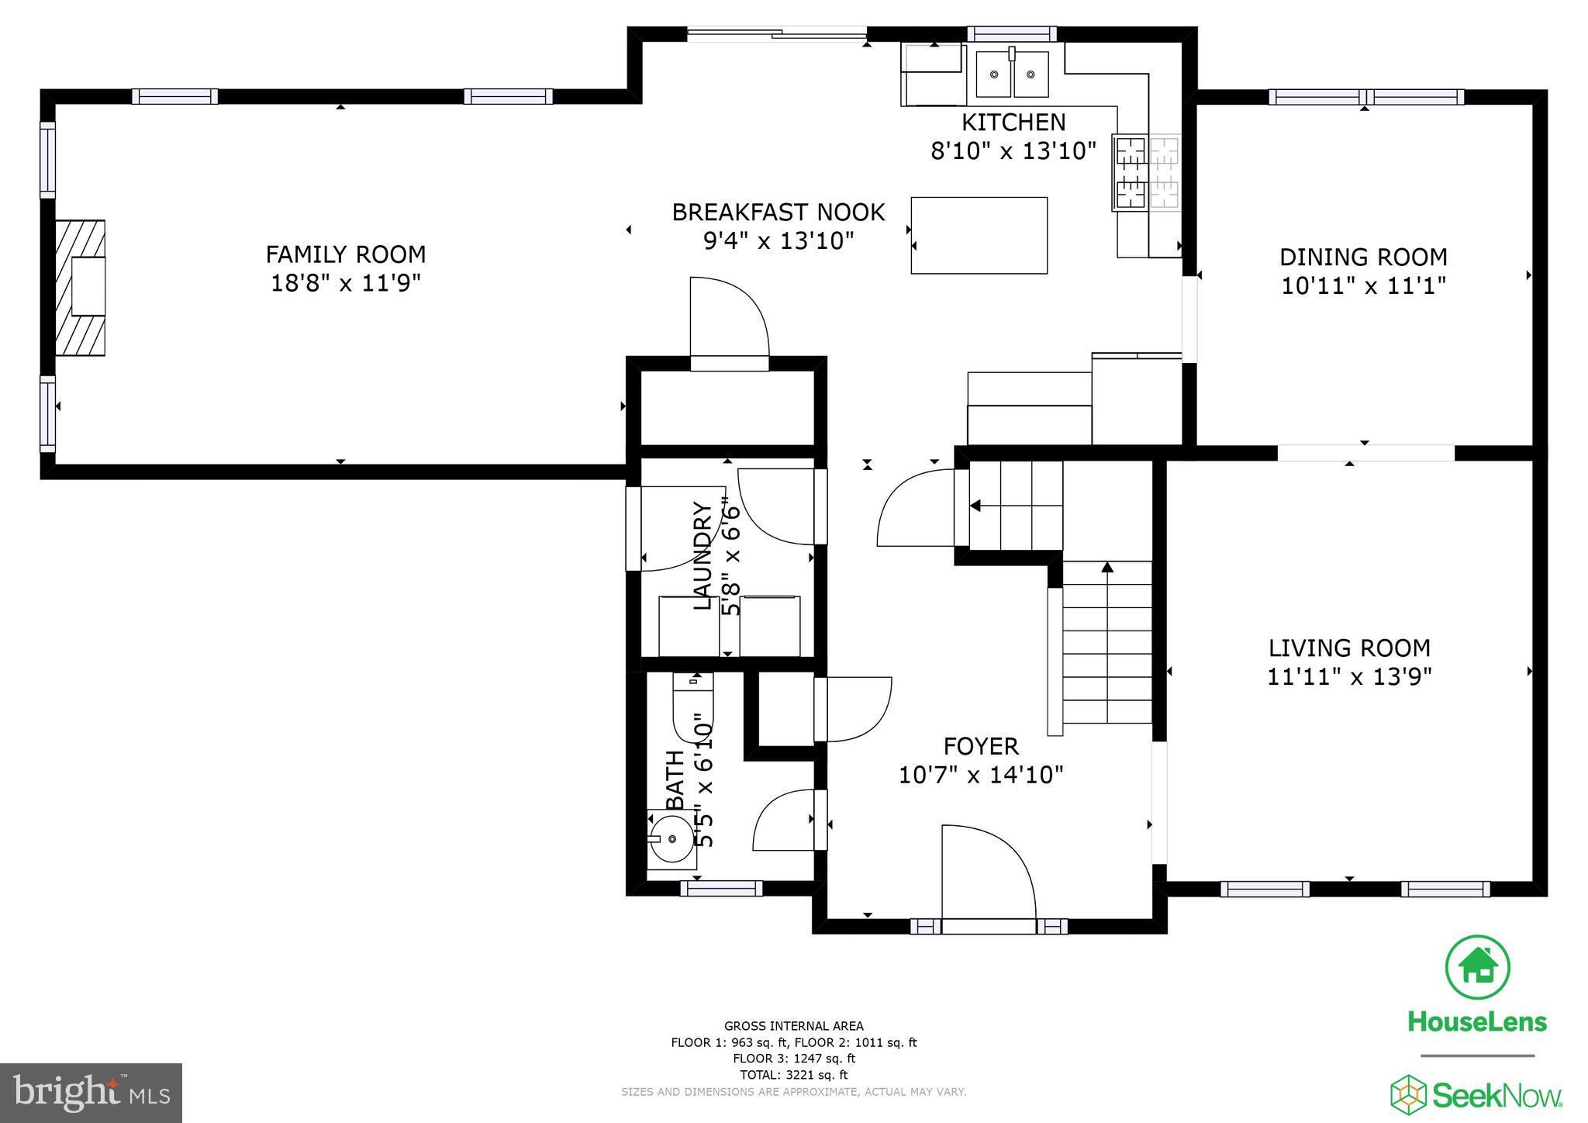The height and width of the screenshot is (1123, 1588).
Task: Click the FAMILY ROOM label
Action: click(x=346, y=254)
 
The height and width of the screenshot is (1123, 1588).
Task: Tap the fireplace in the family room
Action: click(x=81, y=288)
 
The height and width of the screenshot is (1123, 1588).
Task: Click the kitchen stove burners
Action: click(x=1131, y=173)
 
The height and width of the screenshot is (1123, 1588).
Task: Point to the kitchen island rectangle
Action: click(x=979, y=235)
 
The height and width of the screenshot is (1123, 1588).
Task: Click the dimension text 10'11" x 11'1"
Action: click(x=1363, y=286)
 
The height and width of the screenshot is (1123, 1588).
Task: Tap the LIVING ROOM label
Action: click(x=1349, y=648)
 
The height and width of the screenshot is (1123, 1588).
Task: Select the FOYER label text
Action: click(x=981, y=746)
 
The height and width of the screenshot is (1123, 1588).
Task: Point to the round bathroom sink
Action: click(x=669, y=839)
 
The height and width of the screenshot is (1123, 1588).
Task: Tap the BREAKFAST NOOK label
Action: click(x=778, y=212)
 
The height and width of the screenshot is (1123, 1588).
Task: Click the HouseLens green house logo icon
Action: click(x=1477, y=967)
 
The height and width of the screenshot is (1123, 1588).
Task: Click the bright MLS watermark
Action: click(x=91, y=1093)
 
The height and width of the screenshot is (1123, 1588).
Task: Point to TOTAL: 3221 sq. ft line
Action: click(x=793, y=1075)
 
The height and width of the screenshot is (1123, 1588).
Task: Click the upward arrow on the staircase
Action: click(x=1107, y=568)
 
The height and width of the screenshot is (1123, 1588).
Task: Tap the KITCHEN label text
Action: click(x=1013, y=123)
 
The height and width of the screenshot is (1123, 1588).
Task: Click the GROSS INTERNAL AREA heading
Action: click(x=793, y=1026)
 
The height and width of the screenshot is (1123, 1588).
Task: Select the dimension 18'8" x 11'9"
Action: click(x=346, y=283)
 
